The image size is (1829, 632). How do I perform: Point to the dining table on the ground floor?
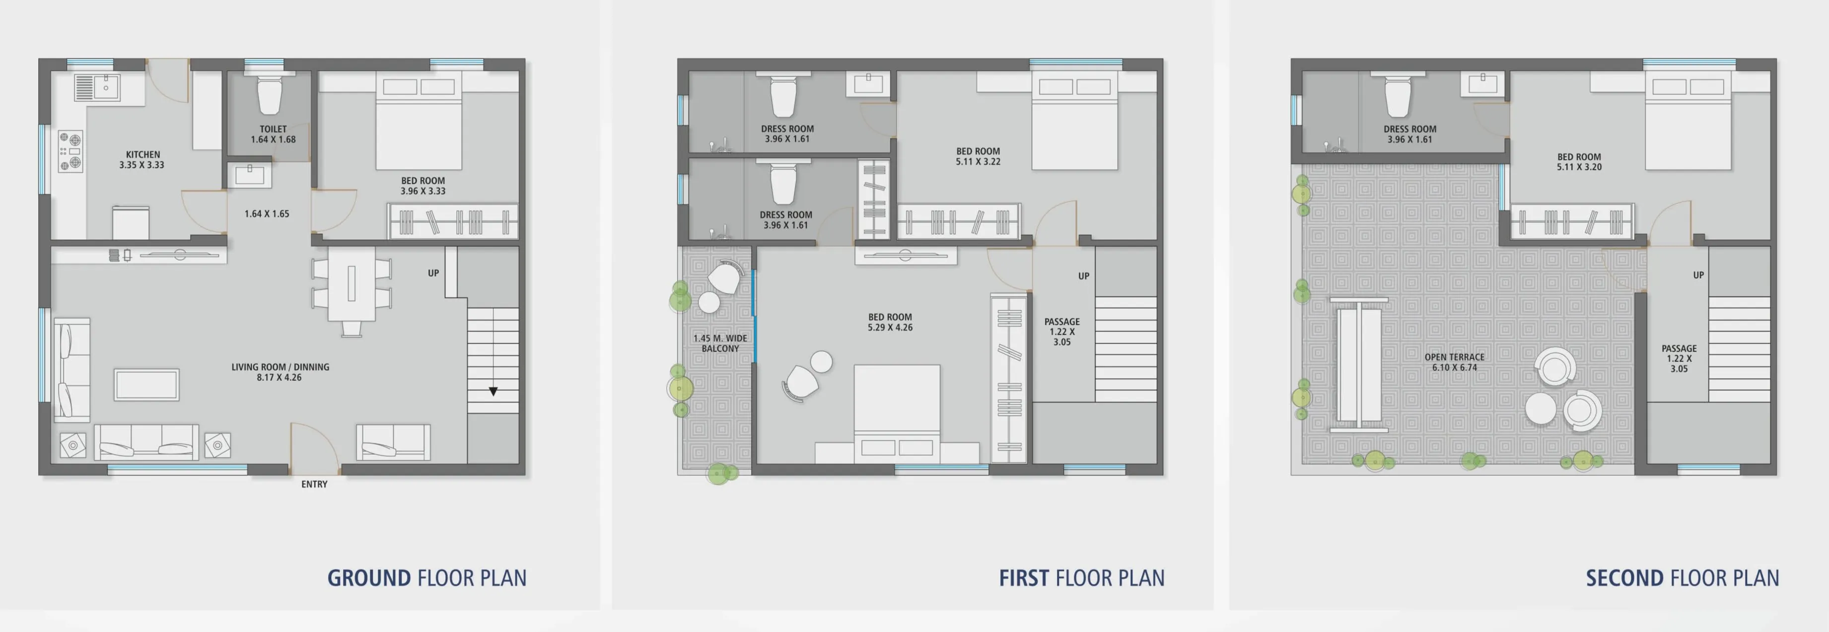coord(352,283)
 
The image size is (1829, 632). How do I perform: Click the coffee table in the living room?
coord(147,385)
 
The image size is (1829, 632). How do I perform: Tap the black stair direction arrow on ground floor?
coord(493,391)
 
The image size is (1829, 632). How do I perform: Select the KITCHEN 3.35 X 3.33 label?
coord(142,160)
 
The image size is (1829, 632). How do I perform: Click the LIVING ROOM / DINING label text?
coord(281,367)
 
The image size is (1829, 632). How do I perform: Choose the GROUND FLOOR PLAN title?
coord(427,578)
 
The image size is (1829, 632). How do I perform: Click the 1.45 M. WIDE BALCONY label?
coord(720,344)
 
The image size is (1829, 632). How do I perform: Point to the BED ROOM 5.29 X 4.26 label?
coord(890,322)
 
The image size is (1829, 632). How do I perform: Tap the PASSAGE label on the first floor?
coord(1062,322)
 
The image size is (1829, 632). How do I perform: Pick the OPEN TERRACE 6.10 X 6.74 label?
coord(1455,362)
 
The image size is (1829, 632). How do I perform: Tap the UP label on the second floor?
coord(1698,276)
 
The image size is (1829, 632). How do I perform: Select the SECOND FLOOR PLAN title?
coord(1683,578)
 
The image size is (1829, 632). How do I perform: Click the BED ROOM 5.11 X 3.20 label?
coord(1579,162)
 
